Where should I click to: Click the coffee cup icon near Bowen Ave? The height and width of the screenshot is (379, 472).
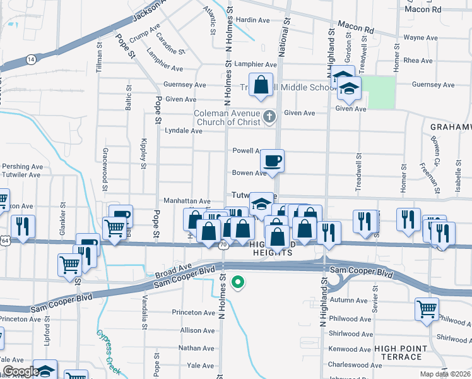pos(272,160)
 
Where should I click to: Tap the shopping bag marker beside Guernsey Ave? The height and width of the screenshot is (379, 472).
pos(261,85)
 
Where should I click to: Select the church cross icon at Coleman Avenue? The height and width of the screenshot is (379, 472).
pos(270,116)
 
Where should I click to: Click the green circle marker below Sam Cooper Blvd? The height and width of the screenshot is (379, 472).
pos(238,283)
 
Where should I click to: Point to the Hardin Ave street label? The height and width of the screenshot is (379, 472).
pos(253,20)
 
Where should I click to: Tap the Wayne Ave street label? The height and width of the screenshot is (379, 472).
pos(420,38)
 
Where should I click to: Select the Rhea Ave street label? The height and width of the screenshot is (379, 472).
pos(418,61)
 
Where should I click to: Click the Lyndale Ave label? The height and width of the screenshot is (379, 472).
pos(183,131)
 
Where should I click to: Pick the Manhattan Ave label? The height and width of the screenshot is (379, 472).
pos(187,200)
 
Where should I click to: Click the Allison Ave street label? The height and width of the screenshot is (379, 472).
pos(197,330)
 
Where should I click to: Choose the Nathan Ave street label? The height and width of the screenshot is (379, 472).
pos(196,348)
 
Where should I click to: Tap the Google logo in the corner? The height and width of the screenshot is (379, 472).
pos(20,371)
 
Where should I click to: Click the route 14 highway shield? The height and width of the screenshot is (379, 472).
pos(31,59)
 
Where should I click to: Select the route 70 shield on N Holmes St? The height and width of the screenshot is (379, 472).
pos(223,244)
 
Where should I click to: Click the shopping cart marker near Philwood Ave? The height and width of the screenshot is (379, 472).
pos(427,310)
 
